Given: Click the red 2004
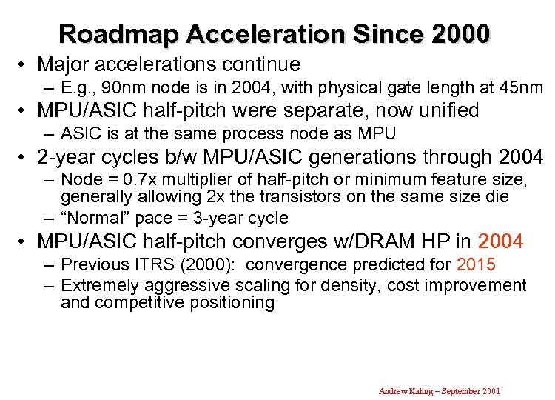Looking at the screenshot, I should click(x=500, y=241).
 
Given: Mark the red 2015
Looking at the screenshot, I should click(x=476, y=264).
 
